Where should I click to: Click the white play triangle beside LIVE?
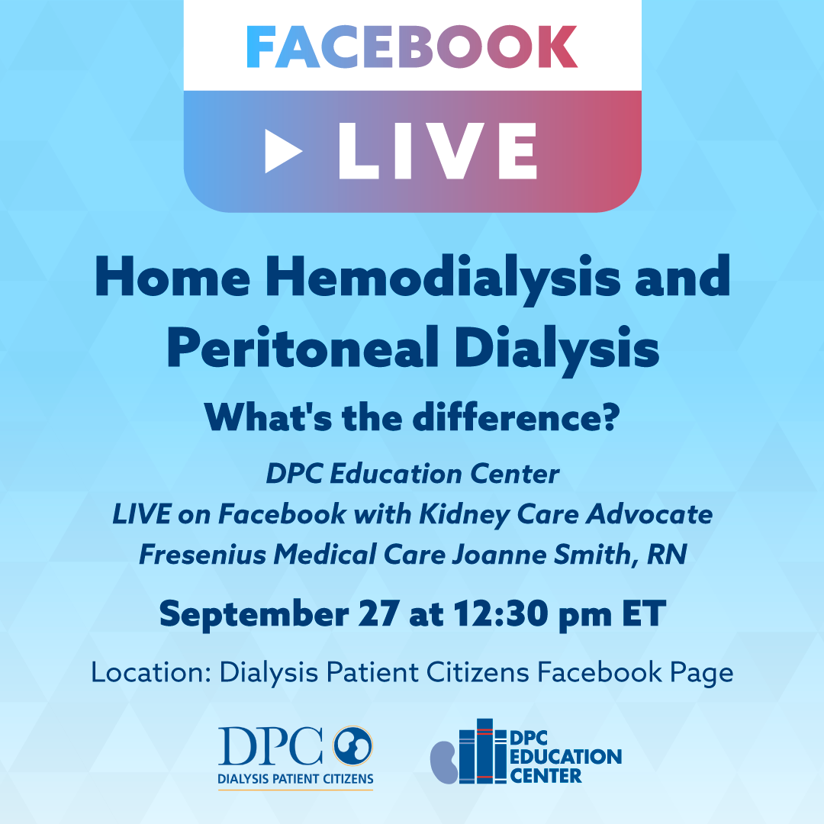(x=282, y=151)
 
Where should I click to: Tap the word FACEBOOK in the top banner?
(x=413, y=47)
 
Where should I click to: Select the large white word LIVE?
(x=438, y=151)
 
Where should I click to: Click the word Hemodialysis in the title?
(x=443, y=278)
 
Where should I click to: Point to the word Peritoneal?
(x=303, y=349)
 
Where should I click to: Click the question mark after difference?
(x=610, y=418)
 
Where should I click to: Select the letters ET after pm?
(x=644, y=613)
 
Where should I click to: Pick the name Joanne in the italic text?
(x=499, y=555)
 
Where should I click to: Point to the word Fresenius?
(x=202, y=555)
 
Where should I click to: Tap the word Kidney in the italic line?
(x=464, y=515)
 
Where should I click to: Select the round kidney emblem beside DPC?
(x=352, y=745)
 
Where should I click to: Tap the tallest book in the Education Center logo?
(x=484, y=752)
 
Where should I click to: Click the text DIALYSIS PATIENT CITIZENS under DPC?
(x=295, y=779)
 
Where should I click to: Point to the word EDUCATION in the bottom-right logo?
(x=566, y=757)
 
